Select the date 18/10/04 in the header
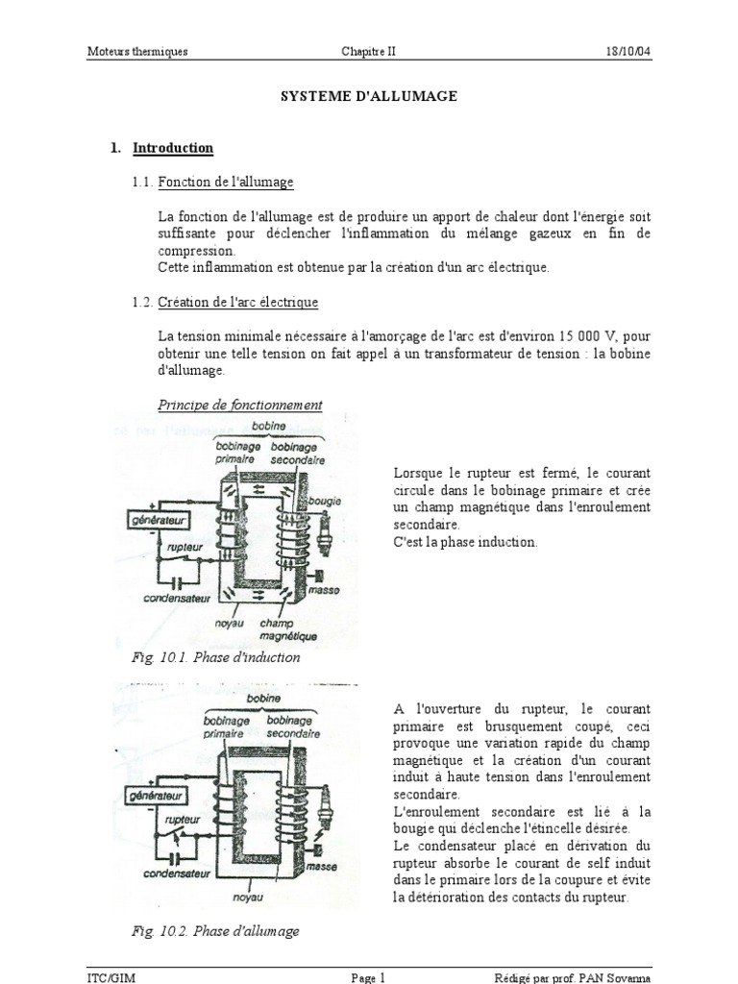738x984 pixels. (x=629, y=52)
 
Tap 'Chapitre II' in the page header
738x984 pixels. (x=368, y=52)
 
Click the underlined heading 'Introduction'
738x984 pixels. (x=173, y=148)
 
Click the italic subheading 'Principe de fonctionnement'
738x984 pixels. (x=240, y=406)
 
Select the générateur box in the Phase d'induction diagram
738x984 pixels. (x=156, y=520)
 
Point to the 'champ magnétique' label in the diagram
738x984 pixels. (x=282, y=629)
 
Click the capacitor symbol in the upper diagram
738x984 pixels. (x=175, y=580)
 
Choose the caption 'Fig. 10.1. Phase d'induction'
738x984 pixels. (x=216, y=658)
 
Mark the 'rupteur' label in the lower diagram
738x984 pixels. (x=182, y=820)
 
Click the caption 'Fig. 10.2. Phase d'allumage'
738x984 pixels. (x=216, y=931)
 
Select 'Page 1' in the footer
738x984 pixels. (x=368, y=977)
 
